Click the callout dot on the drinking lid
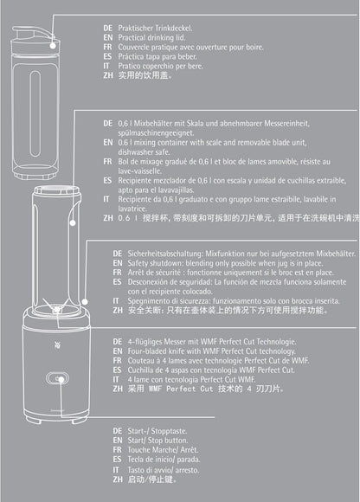pos(53,46)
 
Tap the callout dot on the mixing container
pos(73,222)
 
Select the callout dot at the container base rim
pos(85,301)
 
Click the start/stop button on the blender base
pos(58,379)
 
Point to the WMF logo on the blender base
pos(58,345)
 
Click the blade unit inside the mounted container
pos(56,308)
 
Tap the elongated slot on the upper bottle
pos(35,113)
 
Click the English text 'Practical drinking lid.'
pos(151,37)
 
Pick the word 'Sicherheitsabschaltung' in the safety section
pos(164,254)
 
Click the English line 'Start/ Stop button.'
pos(157,441)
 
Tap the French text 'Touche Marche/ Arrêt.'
pos(163,450)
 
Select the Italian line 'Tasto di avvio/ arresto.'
pos(164,470)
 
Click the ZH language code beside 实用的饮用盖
pos(108,75)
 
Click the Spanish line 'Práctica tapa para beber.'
pos(157,56)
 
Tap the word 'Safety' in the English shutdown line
pos(138,263)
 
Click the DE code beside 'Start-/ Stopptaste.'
pos(118,431)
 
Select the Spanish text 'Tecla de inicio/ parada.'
pos(164,460)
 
